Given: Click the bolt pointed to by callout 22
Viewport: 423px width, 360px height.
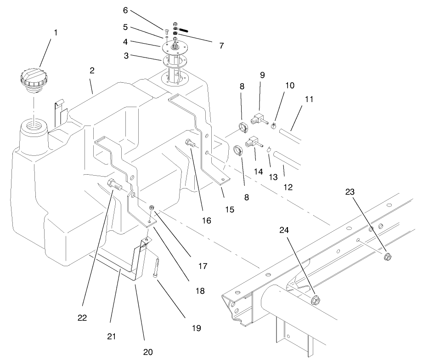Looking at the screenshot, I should pos(114,186).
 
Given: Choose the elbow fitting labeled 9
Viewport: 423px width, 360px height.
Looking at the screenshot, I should pos(257,120).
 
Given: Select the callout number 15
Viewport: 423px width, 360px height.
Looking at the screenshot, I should pos(230,209).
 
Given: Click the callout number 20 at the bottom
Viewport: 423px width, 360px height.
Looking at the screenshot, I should pos(147,352).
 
